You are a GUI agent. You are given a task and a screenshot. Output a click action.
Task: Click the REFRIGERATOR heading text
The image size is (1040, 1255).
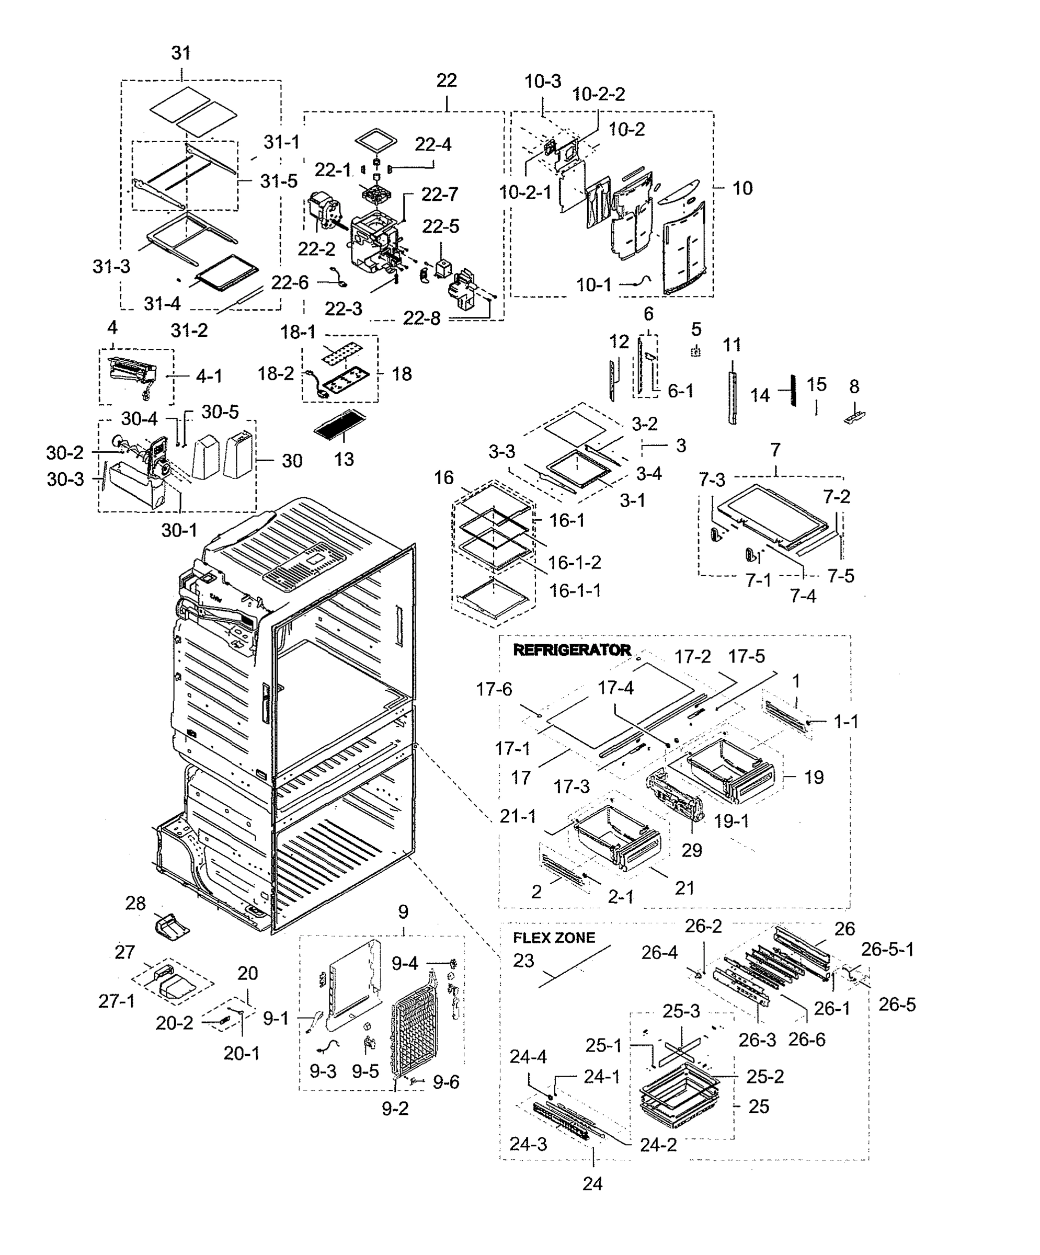(x=572, y=649)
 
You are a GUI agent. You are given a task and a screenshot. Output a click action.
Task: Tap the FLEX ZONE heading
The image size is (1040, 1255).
(x=554, y=938)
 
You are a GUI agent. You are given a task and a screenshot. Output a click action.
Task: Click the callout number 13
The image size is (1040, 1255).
(x=344, y=459)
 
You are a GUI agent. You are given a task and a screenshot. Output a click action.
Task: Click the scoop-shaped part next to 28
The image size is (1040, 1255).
(x=172, y=926)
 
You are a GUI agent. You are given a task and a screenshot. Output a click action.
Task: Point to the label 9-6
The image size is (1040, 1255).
(x=446, y=1082)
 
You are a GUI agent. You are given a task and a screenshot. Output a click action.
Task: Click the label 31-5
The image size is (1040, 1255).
(x=279, y=181)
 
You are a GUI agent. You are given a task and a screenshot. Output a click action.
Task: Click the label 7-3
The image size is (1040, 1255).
(x=712, y=480)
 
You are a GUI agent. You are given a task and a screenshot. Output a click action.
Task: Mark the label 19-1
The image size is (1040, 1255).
(x=732, y=820)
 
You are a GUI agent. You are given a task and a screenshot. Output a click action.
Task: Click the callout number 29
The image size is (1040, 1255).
(x=692, y=850)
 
